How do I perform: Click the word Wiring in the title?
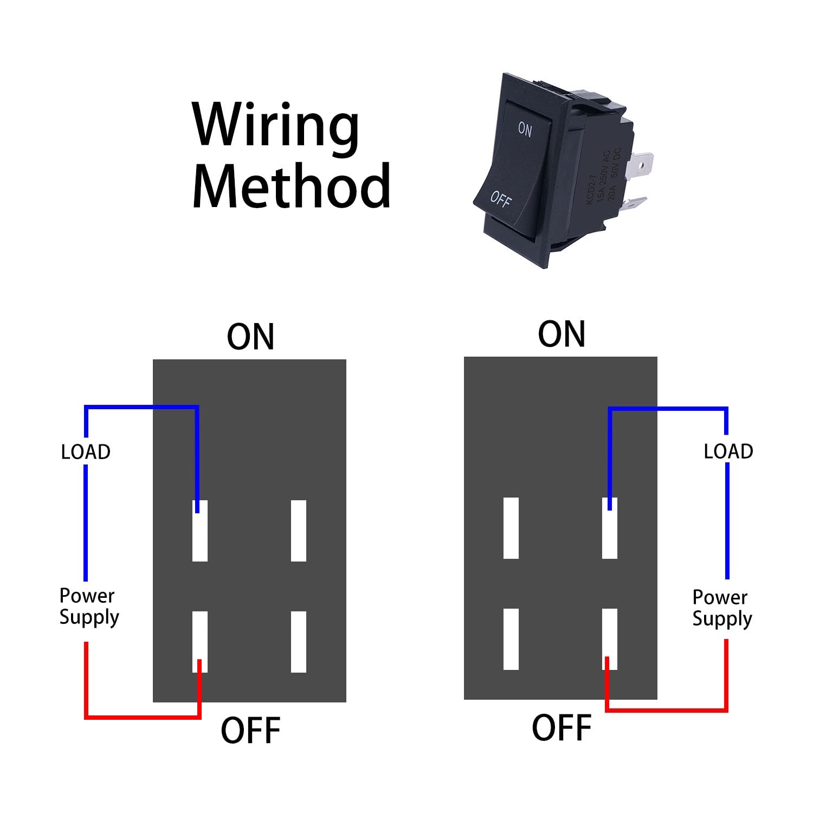(275, 126)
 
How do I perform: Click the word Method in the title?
(291, 185)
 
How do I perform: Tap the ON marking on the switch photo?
(525, 129)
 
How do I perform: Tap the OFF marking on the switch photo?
(500, 199)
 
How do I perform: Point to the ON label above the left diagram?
(250, 337)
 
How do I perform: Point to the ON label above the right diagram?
(562, 334)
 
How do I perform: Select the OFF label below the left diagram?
(250, 730)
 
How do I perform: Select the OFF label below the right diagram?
(562, 727)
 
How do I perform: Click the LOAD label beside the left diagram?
(86, 451)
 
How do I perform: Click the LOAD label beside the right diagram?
(728, 451)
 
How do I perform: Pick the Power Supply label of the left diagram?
(89, 606)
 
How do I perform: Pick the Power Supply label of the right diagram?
(722, 608)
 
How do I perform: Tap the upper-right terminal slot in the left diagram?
(299, 531)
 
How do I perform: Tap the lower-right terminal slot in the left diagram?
(299, 642)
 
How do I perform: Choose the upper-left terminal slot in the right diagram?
(511, 528)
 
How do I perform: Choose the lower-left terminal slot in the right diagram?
(511, 639)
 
